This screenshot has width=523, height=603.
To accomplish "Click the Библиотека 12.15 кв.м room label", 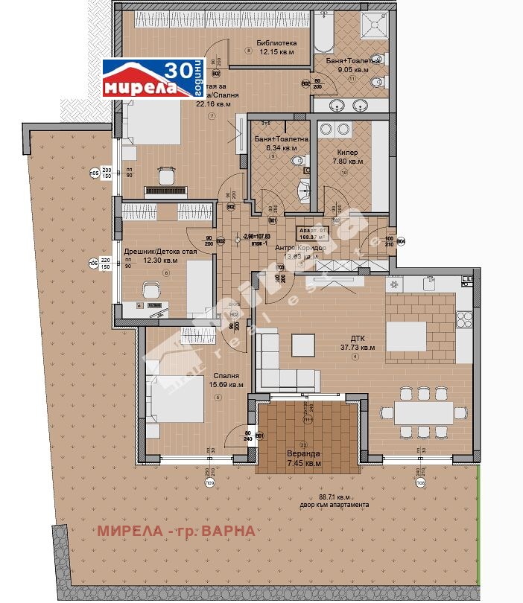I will click(x=276, y=48).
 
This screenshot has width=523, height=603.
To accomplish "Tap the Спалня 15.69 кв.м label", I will click(x=226, y=380).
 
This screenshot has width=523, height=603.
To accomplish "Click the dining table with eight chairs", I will click(x=422, y=412).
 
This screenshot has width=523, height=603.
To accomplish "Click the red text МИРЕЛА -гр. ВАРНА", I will click(x=177, y=531).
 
